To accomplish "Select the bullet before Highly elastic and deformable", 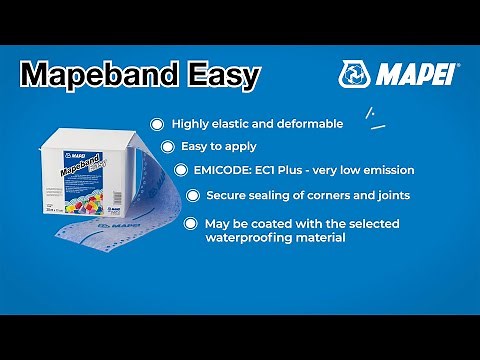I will pyautogui.click(x=157, y=124).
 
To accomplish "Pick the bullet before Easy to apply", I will pyautogui.click(x=168, y=146).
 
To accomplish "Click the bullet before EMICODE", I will pyautogui.click(x=181, y=170).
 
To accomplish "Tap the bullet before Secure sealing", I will pyautogui.click(x=193, y=194).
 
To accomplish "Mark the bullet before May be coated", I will pyautogui.click(x=192, y=223).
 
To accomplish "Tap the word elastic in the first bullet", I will pyautogui.click(x=229, y=124).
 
